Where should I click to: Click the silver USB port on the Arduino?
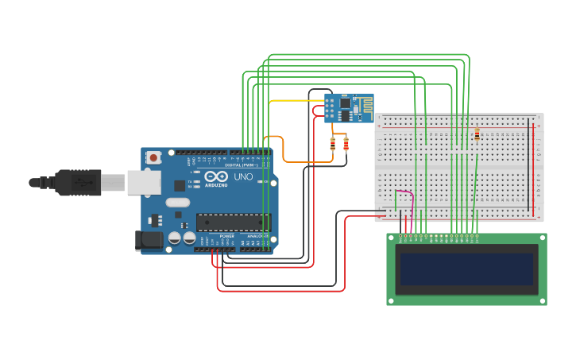(x=143, y=183)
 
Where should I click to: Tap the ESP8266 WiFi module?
(x=349, y=107)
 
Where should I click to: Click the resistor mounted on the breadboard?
(x=477, y=134)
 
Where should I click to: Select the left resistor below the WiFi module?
(x=333, y=144)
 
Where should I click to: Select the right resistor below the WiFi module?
(x=346, y=144)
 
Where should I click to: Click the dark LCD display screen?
(x=466, y=269)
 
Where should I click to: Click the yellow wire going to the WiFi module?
(x=294, y=101)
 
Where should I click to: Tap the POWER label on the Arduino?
(x=227, y=236)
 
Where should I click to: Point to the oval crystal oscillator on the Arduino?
(x=178, y=202)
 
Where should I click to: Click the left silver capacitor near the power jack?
(x=174, y=237)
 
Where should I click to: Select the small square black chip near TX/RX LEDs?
(x=180, y=185)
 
